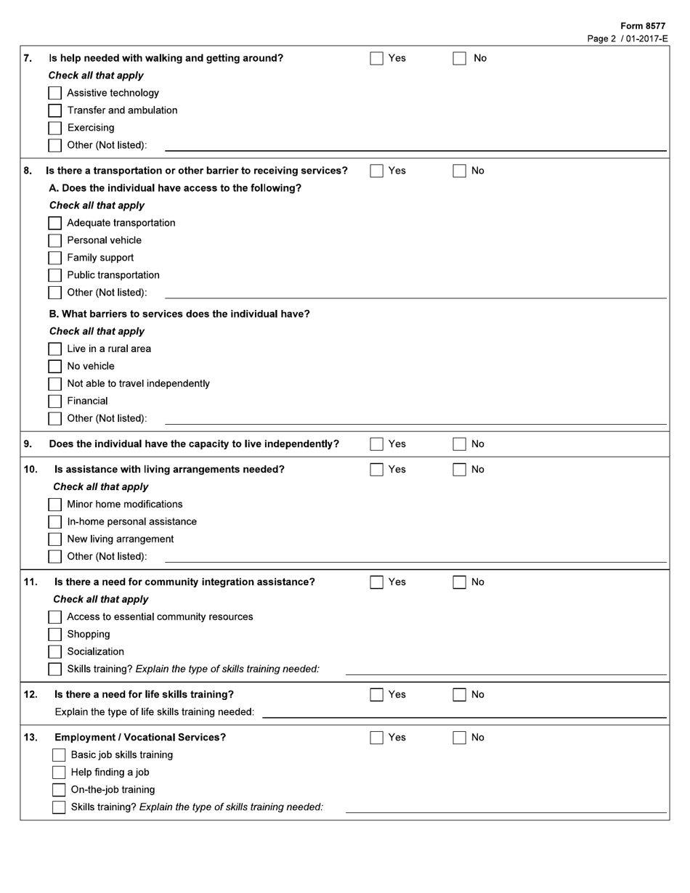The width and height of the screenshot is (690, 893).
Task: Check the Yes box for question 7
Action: tap(376, 59)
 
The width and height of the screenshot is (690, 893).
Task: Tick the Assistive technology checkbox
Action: tap(55, 93)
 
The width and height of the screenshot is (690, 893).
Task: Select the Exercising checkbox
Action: tap(55, 128)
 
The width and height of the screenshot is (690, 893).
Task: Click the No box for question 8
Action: tap(459, 171)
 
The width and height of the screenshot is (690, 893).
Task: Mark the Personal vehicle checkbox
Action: tap(55, 240)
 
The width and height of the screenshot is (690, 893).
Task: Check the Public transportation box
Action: tap(55, 275)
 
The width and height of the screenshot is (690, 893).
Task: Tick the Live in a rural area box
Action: tap(55, 349)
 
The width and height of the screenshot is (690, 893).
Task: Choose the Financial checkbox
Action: tap(55, 401)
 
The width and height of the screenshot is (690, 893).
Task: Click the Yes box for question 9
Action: tap(376, 444)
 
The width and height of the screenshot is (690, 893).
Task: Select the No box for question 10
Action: tap(459, 470)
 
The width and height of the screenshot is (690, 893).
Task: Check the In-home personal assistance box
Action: tap(55, 522)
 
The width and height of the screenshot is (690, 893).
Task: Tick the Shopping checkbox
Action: tap(55, 635)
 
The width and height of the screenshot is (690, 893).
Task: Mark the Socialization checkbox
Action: tap(55, 652)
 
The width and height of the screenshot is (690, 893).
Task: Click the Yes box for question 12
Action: tap(376, 695)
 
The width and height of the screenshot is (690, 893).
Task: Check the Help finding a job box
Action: tap(59, 772)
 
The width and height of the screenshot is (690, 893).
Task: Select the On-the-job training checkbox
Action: tap(59, 790)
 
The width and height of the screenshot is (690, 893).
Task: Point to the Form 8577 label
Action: tap(643, 26)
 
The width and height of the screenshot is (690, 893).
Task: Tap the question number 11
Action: tap(31, 582)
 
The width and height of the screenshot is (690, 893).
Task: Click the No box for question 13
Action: tap(459, 738)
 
